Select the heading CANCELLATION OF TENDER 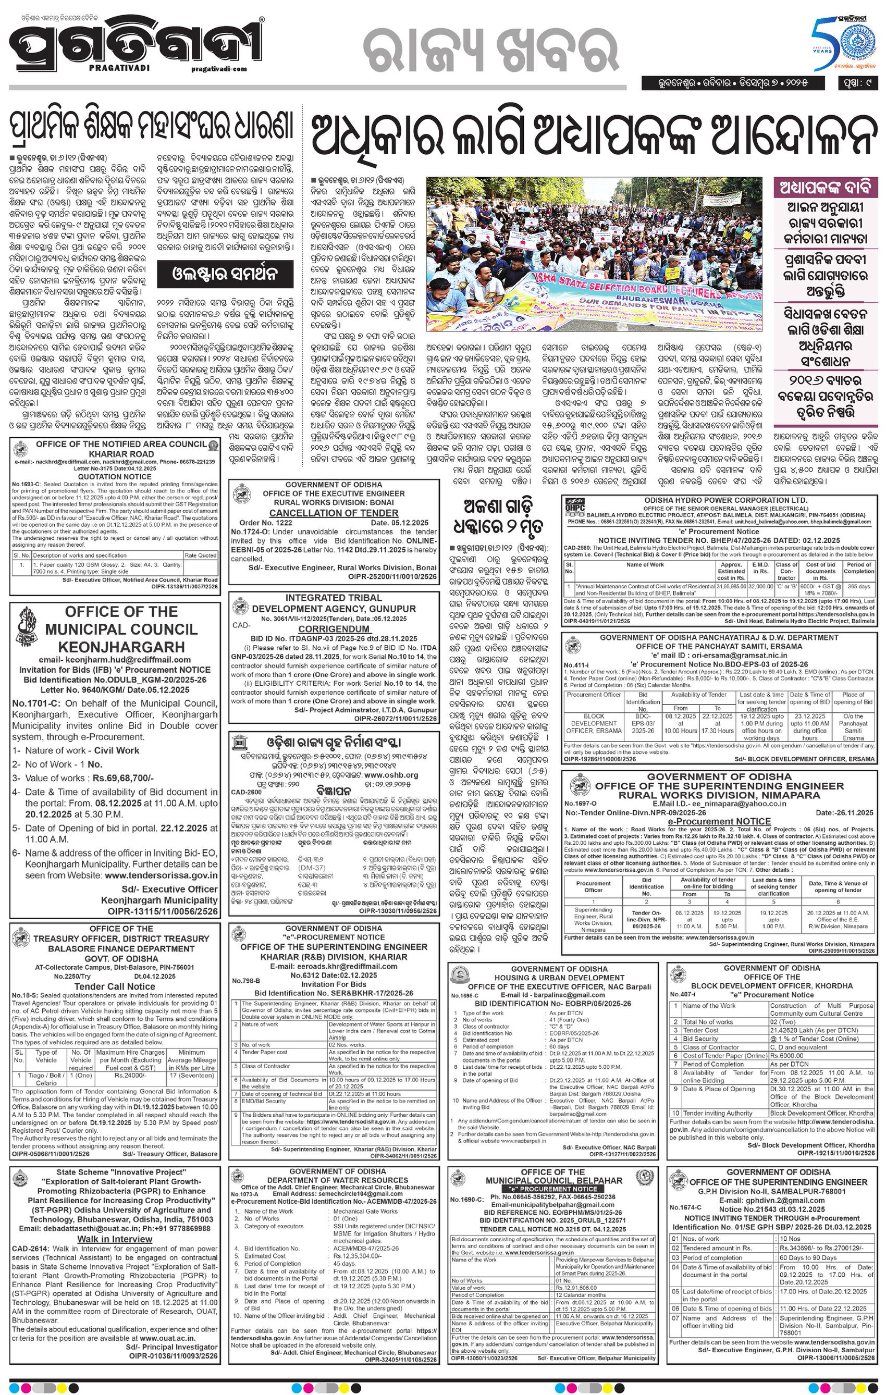tap(333, 513)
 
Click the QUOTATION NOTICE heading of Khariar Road tap(114, 476)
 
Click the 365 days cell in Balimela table tap(858, 587)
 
